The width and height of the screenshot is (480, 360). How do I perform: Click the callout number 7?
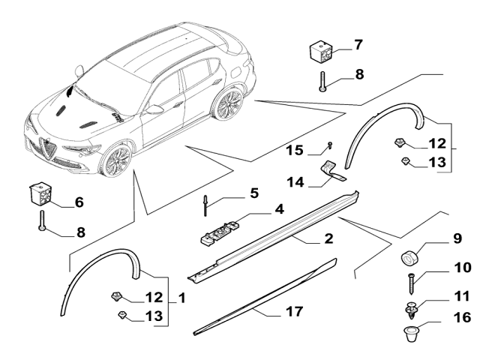(358, 44)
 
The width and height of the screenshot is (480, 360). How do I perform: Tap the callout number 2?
(328, 239)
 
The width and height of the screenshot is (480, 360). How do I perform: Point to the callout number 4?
(277, 208)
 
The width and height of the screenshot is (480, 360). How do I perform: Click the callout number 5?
(253, 193)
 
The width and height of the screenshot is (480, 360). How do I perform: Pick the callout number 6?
(79, 202)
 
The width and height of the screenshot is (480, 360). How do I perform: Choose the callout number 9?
(457, 241)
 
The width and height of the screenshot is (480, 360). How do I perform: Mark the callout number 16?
(460, 317)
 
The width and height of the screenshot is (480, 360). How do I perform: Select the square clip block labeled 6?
(39, 194)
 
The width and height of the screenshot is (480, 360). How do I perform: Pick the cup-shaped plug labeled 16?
(409, 331)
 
